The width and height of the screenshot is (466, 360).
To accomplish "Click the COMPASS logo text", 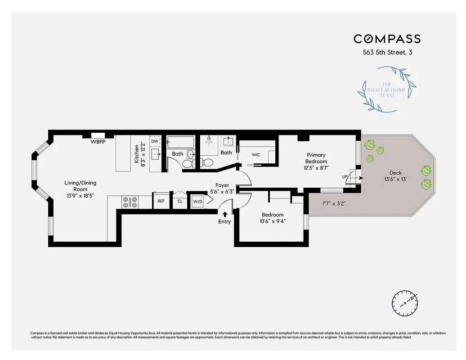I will (x=387, y=39).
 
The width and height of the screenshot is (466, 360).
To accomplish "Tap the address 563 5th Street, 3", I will (x=387, y=52).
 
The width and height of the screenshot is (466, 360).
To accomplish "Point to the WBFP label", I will (x=98, y=142).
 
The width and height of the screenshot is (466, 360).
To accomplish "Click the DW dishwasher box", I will (x=155, y=141).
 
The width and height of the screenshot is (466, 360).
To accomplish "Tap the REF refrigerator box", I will (x=160, y=201).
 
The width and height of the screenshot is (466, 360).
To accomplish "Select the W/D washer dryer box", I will (x=197, y=201).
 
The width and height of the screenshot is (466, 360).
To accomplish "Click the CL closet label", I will (x=180, y=201).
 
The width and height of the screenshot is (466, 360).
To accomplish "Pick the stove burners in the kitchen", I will (x=130, y=202).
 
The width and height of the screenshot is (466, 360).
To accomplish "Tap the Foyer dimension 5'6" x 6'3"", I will (x=222, y=191).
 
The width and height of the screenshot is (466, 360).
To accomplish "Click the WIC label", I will (x=255, y=155).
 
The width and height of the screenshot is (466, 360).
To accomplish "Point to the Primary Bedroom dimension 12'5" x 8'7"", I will (x=316, y=168).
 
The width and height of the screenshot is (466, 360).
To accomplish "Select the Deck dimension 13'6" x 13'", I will (x=395, y=180).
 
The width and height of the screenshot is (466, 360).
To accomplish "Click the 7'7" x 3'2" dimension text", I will (x=333, y=204).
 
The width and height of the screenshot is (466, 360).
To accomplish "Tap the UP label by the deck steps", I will (x=345, y=177).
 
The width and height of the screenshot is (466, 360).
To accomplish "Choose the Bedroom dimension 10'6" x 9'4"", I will (x=273, y=221).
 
